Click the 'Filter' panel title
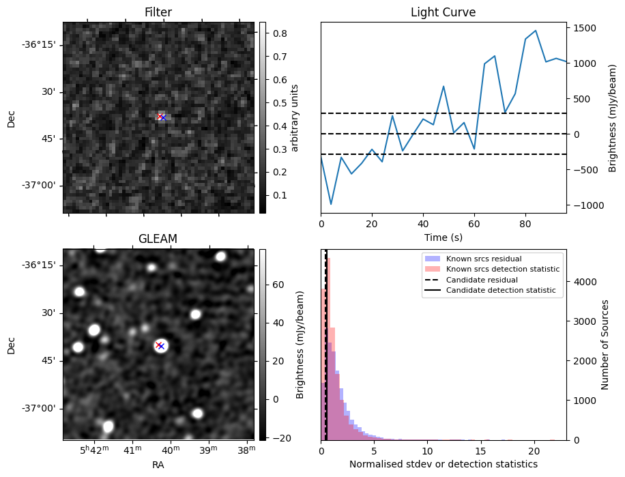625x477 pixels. [x=158, y=12]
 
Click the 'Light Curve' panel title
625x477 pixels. [x=443, y=12]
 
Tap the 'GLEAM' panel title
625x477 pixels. [x=158, y=239]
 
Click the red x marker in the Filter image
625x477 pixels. [x=160, y=117]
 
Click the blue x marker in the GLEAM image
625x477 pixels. [x=162, y=346]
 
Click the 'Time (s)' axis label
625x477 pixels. [x=443, y=236]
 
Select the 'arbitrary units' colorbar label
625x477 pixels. [x=295, y=117]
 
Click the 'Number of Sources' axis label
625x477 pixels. [x=605, y=345]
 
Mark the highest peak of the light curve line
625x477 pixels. [x=536, y=31]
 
